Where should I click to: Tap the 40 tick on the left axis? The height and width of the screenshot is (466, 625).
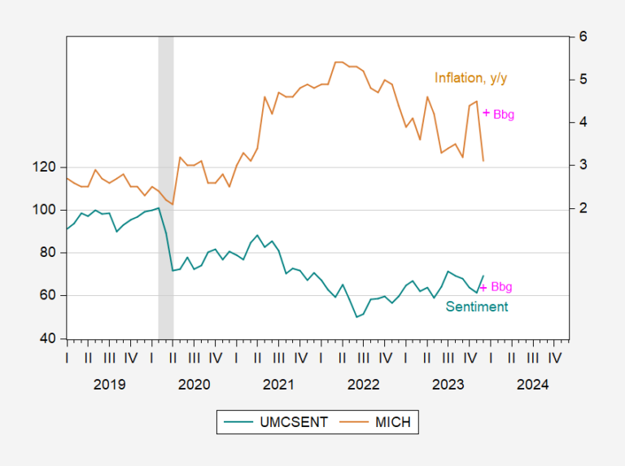coord(48,338)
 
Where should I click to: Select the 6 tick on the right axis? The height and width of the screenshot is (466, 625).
coord(583,37)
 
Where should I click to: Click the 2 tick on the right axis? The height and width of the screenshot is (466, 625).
coord(583,208)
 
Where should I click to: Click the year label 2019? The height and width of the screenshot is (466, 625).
coord(109,384)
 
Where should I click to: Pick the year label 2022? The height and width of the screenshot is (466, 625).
coord(362,384)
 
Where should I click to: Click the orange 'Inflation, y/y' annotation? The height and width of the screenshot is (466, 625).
coord(476,78)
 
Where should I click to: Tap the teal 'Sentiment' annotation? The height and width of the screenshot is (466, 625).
coord(476,307)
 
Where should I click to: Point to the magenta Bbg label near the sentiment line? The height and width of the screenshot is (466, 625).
coord(501,287)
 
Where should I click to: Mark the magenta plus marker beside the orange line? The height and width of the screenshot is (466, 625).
coord(486,113)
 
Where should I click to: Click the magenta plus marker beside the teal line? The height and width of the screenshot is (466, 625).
coord(483,287)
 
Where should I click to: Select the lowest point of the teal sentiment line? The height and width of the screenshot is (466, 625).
coord(356,316)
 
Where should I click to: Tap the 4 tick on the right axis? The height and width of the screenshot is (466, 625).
coord(583,123)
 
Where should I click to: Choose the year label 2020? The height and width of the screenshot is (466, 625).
coord(194,384)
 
